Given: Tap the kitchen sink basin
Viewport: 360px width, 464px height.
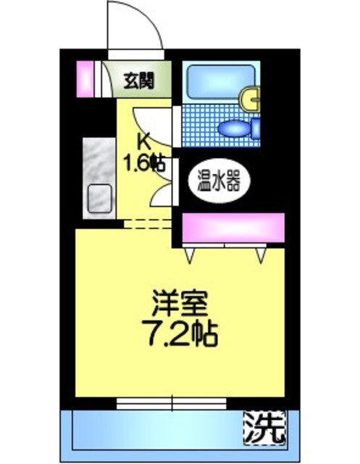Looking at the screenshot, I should [98, 199].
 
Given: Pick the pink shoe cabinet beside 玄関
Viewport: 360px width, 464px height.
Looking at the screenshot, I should [85, 78].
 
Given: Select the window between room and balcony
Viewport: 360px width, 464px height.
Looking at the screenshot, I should [172, 402].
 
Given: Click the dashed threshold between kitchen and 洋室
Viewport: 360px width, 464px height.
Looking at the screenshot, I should [148, 223].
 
